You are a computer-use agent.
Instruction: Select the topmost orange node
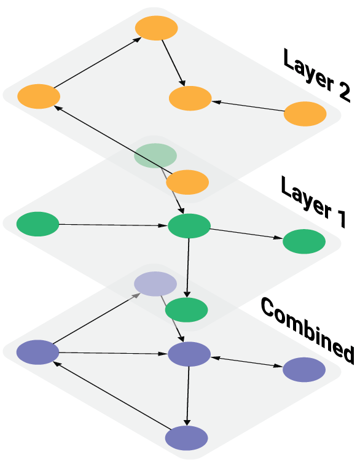pos(157,28)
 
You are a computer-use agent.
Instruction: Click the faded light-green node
pos(155,155)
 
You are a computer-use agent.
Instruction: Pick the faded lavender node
pos(155,284)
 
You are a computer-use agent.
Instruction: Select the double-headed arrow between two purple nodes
pos(247,362)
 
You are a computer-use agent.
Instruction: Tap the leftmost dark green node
pos(38,224)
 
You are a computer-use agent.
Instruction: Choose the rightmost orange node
pos(305,114)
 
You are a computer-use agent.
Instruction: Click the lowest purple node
pos(187,438)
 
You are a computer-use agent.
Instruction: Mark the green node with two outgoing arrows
pos(189,226)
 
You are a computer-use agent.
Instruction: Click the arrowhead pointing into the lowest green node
pos(187,295)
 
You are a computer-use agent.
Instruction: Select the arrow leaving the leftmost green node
pos(113,225)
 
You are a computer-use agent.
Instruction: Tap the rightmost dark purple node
pos(304,370)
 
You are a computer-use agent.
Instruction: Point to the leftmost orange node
pos(39,96)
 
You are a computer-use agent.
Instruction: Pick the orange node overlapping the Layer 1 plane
pos(187,182)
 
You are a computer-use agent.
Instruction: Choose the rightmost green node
pos(304,241)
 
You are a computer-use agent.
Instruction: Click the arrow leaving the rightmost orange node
pos(248,106)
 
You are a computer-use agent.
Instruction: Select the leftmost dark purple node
pos(38,352)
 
